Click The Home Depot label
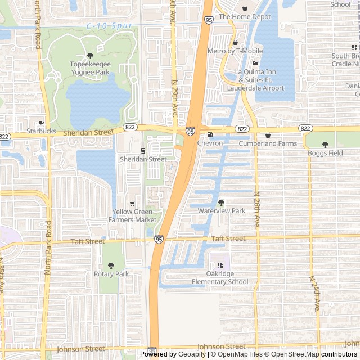245,17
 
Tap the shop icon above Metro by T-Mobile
235,43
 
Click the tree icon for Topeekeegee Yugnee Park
90,55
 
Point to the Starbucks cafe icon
41,123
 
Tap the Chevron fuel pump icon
210,135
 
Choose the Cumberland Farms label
267,143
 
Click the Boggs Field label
325,152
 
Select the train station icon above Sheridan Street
143,151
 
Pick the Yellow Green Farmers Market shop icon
132,203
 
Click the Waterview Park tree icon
221,202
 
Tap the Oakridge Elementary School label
219,278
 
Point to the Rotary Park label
111,274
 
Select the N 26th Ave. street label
256,209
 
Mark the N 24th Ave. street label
316,294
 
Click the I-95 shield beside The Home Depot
209,20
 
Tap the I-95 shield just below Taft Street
159,240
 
